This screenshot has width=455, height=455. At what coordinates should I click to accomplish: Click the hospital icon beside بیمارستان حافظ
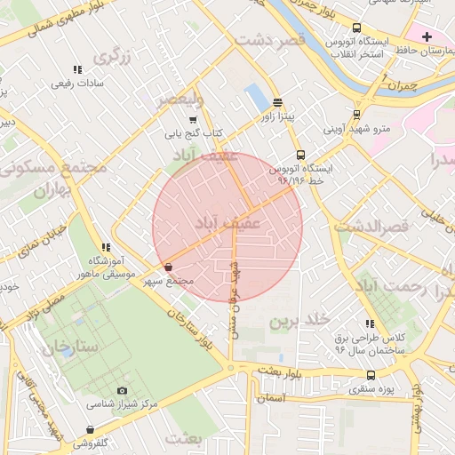(427, 36)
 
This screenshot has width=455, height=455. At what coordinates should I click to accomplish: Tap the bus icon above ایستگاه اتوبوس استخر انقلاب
(357, 28)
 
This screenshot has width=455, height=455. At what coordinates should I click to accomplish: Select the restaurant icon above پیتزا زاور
(278, 102)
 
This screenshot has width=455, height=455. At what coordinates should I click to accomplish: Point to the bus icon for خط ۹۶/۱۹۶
(300, 154)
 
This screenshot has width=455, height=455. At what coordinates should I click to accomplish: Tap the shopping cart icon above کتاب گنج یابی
(194, 120)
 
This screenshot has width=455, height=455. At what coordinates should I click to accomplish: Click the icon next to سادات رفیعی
(77, 69)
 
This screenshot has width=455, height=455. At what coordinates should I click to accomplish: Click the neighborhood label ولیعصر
(180, 100)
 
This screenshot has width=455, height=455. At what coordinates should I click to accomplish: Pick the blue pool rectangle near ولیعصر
(257, 96)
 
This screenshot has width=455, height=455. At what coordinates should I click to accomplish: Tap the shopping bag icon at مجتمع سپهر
(168, 267)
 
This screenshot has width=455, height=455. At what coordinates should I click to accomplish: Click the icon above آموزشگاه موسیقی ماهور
(106, 246)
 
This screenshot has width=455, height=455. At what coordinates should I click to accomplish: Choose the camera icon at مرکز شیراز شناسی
(122, 390)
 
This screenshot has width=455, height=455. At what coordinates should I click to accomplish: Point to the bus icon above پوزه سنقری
(371, 375)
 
